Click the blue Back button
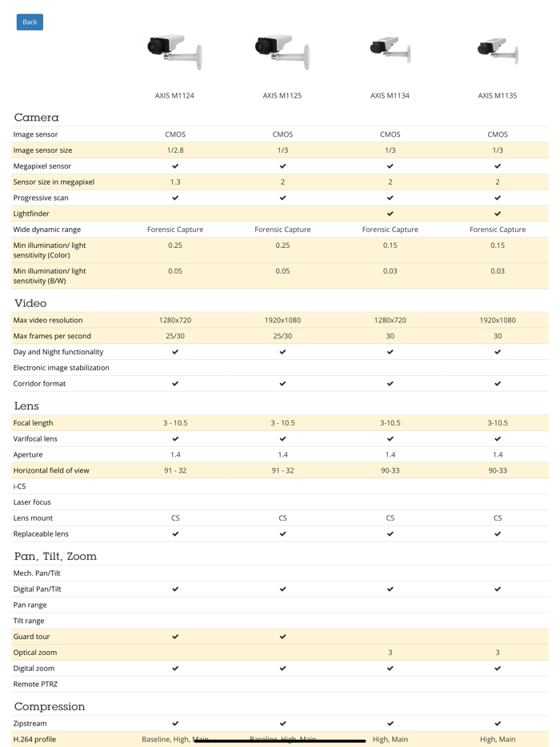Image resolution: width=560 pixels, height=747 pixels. pyautogui.click(x=30, y=22)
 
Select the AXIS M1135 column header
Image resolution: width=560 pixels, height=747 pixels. pyautogui.click(x=497, y=95)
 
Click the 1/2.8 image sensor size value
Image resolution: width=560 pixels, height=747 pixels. pyautogui.click(x=175, y=150)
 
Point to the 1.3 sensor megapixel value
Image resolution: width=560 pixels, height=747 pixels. pyautogui.click(x=175, y=182)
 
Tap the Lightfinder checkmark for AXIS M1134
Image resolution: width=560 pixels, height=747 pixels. pyautogui.click(x=390, y=214)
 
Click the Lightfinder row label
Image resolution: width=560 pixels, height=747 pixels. pyautogui.click(x=31, y=214)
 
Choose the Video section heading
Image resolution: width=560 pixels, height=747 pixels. pyautogui.click(x=30, y=303)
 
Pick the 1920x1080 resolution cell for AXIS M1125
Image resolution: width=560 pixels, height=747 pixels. pyautogui.click(x=282, y=320)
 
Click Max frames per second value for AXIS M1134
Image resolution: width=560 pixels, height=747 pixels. pyautogui.click(x=390, y=336)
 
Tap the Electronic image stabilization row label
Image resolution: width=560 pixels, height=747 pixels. pyautogui.click(x=61, y=368)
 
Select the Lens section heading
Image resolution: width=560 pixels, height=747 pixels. pyautogui.click(x=26, y=405)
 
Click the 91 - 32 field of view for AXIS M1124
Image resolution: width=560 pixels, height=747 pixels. pyautogui.click(x=175, y=470)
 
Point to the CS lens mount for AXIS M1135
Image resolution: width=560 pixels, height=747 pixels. pyautogui.click(x=497, y=518)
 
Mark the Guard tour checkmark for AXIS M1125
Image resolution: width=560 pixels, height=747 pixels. pyautogui.click(x=282, y=637)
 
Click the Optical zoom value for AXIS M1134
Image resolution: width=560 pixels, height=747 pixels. pyautogui.click(x=390, y=653)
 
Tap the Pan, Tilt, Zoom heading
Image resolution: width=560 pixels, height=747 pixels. pyautogui.click(x=55, y=556)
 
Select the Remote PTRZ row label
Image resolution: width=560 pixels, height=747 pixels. pyautogui.click(x=35, y=685)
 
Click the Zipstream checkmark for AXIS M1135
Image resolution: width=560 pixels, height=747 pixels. pyautogui.click(x=497, y=724)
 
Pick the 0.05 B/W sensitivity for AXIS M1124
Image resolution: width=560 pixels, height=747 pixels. pyautogui.click(x=175, y=271)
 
